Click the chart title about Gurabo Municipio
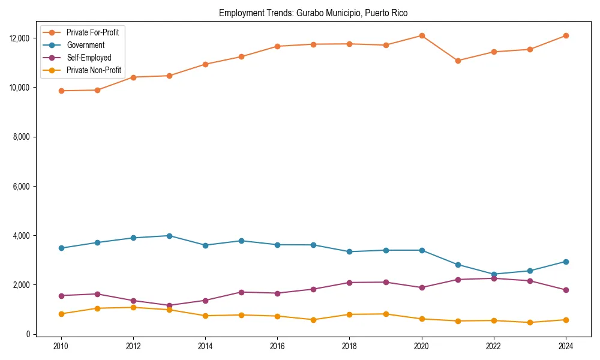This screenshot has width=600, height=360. (x=313, y=13)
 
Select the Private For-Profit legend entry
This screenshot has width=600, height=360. (x=92, y=32)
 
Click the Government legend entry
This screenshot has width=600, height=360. (x=85, y=45)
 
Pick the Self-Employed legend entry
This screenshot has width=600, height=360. (x=89, y=58)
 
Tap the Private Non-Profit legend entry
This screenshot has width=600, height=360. (x=94, y=70)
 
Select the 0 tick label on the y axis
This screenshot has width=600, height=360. (x=27, y=334)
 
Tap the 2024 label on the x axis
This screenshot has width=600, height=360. (x=565, y=346)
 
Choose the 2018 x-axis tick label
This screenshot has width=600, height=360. (x=349, y=346)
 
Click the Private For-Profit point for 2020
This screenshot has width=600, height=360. (x=422, y=35)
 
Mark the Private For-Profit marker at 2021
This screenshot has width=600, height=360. (x=458, y=61)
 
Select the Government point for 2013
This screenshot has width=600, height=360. (x=169, y=236)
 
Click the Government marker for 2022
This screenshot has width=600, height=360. (x=494, y=274)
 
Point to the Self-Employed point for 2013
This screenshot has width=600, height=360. (x=169, y=305)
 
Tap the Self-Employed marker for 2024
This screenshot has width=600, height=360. (x=566, y=290)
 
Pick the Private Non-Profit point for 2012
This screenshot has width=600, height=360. (x=133, y=307)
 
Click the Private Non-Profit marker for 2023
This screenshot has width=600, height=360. (x=530, y=322)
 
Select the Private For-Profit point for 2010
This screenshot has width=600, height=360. (x=61, y=91)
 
